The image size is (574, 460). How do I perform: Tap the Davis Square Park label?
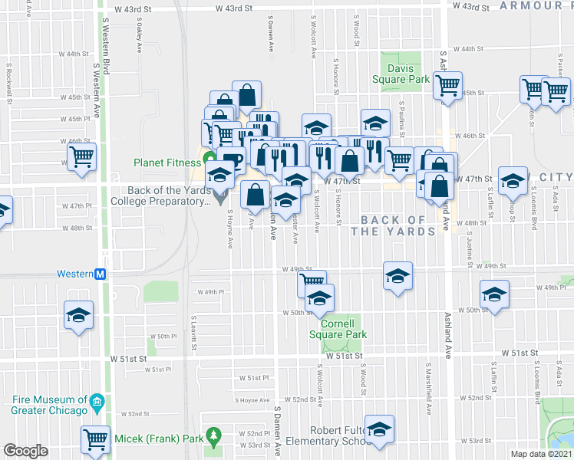[x=407, y=74]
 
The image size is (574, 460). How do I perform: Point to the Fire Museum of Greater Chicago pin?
[x=97, y=402]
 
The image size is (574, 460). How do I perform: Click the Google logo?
[x=25, y=451]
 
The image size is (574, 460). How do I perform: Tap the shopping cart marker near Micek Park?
[x=95, y=440]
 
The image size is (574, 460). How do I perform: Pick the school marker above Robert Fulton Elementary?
[x=379, y=430]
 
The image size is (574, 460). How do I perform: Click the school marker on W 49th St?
[x=398, y=277]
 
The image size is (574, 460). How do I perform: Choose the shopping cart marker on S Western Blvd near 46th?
[x=81, y=157]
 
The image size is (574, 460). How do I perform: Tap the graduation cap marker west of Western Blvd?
[x=78, y=315]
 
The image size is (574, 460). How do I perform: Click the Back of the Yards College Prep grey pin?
[x=221, y=201]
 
